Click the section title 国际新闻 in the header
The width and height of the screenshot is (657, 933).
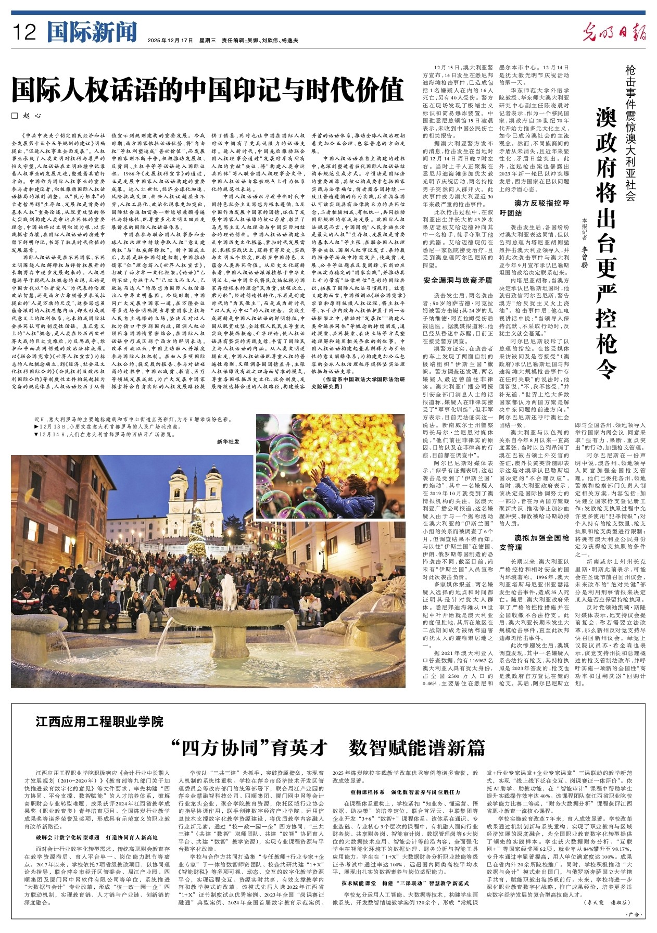click(x=92, y=32)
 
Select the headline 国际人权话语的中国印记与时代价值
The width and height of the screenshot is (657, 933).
click(x=208, y=89)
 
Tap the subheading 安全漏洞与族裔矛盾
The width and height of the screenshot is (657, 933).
click(x=458, y=280)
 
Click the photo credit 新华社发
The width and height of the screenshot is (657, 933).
click(x=229, y=442)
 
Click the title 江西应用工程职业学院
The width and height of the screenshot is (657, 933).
click(x=99, y=722)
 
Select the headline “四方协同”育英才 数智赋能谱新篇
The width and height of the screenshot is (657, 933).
click(x=328, y=748)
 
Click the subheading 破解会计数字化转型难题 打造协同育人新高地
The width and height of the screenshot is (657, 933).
click(x=97, y=837)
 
